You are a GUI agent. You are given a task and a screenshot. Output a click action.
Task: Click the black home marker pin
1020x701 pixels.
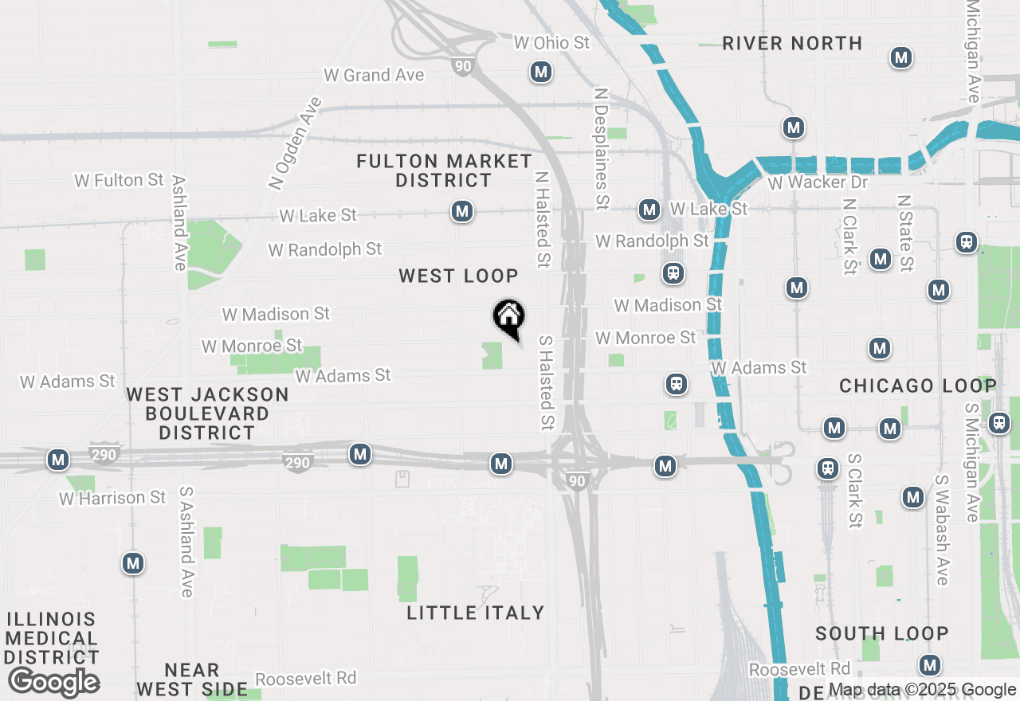click(508, 317)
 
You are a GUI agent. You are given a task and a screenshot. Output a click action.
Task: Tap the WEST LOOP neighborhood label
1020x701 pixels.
click(459, 276)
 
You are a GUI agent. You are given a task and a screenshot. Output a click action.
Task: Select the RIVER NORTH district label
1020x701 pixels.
click(792, 44)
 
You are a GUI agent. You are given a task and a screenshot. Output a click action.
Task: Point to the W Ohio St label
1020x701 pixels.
click(551, 43)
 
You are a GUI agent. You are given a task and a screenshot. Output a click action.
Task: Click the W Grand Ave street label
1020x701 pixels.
click(374, 76)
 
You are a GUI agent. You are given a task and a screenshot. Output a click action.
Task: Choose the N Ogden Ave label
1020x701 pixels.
click(296, 143)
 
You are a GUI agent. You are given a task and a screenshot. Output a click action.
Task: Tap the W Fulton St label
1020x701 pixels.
click(120, 181)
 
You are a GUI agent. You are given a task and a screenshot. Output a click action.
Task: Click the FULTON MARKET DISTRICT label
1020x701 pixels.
click(444, 171)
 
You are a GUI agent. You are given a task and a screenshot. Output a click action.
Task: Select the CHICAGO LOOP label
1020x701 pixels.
click(918, 386)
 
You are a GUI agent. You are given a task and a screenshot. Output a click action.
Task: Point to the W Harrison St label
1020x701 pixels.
click(112, 498)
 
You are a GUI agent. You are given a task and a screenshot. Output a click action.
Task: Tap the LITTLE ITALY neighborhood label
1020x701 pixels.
click(476, 613)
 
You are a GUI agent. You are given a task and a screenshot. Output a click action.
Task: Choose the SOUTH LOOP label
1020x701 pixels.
click(882, 634)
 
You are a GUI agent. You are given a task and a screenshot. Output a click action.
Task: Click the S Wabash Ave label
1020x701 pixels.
click(943, 530)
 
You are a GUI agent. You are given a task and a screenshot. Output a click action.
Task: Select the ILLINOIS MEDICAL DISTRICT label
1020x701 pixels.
click(53, 638)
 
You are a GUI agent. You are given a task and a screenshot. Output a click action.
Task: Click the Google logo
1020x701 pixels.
click(54, 682)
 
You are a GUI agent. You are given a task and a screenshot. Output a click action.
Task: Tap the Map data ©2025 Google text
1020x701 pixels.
click(922, 690)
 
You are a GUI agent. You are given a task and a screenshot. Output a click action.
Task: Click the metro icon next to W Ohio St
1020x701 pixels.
click(541, 72)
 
